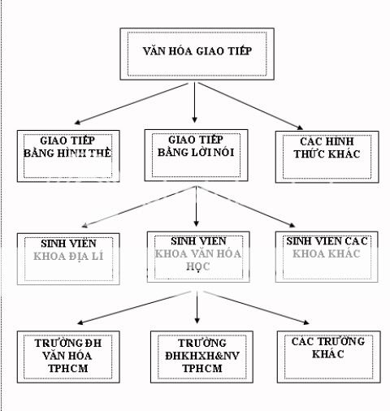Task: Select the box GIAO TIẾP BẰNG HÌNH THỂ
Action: click(69, 152)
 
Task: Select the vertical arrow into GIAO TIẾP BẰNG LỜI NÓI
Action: click(196, 102)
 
